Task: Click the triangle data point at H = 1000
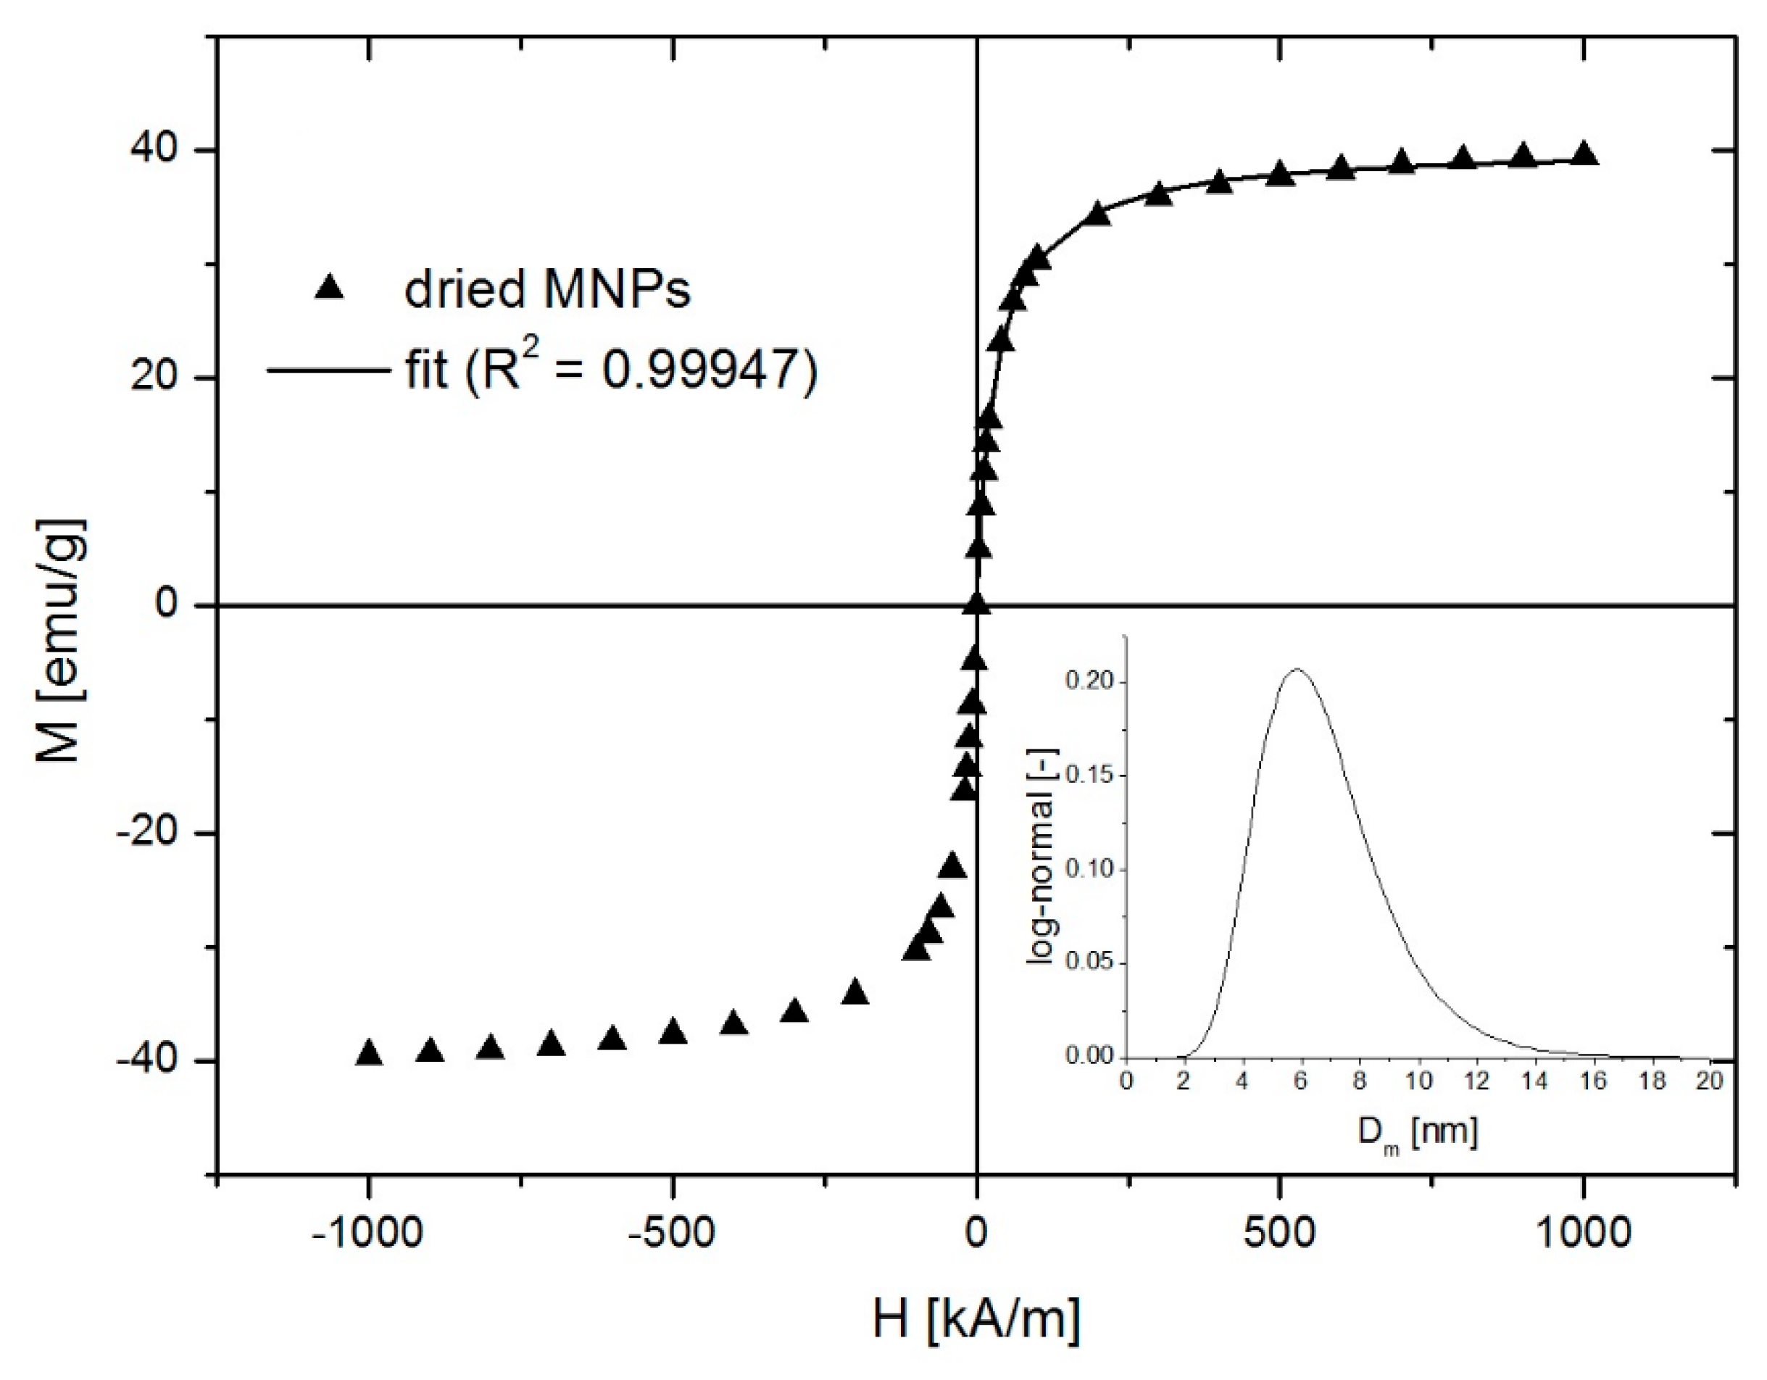click(x=1584, y=154)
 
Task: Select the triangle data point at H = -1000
click(x=369, y=1053)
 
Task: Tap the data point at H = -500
click(x=673, y=1032)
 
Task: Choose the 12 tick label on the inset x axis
click(x=1477, y=1082)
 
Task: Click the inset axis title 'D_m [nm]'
click(x=1418, y=1132)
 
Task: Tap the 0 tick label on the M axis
click(x=168, y=605)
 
